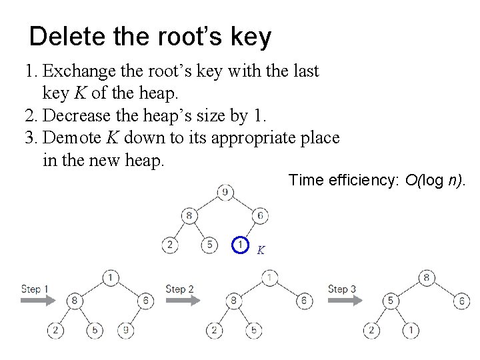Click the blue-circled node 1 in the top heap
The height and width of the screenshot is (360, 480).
point(241,245)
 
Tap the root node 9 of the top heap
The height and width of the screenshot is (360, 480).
point(225,193)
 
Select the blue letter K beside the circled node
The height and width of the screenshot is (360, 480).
point(261,251)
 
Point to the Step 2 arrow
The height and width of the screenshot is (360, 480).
point(181,300)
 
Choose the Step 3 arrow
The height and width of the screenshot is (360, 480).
point(344,300)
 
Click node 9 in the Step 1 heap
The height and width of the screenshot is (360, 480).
point(127,329)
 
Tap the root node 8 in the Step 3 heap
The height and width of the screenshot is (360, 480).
point(427,277)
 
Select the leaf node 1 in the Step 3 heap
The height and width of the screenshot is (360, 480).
point(412,329)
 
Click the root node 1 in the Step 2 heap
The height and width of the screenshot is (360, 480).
point(269,277)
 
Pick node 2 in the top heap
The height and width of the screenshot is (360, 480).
point(171,245)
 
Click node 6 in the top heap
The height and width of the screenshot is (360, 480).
point(261,215)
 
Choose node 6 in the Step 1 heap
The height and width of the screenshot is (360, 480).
point(147,301)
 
